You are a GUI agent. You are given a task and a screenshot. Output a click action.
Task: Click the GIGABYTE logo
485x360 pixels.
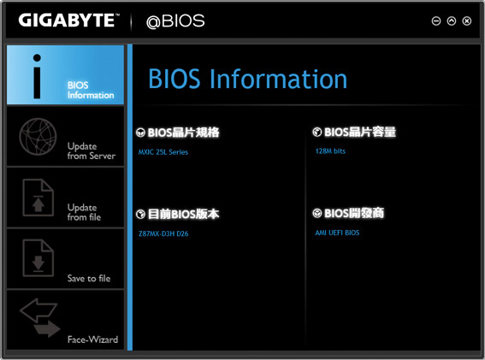68,21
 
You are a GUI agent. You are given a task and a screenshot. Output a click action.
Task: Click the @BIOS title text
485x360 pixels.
175,21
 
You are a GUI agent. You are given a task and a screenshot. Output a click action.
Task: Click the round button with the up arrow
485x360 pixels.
452,21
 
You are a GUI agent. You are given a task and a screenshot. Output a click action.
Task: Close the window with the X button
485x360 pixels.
467,21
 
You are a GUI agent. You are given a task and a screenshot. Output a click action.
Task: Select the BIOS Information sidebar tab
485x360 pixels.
65,75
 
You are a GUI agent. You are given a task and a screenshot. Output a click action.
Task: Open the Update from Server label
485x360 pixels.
92,151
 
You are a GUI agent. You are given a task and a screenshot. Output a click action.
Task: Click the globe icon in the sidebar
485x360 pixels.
38,137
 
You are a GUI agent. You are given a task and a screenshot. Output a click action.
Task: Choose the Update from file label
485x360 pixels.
84,212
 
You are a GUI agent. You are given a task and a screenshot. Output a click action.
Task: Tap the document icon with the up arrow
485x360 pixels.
38,198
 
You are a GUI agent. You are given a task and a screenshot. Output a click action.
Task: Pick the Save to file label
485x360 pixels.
89,279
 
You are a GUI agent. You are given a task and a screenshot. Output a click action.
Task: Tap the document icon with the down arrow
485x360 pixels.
38,258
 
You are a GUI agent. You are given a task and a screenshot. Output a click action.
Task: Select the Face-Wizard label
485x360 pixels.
92,339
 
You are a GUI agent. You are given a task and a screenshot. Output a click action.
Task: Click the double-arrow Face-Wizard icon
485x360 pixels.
40,317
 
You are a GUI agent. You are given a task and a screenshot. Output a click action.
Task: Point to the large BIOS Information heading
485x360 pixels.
248,79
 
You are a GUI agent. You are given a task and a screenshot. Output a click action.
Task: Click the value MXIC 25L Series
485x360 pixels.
163,152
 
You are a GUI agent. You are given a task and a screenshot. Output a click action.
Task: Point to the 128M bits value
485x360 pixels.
330,151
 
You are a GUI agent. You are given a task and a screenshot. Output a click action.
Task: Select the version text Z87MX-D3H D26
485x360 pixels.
163,233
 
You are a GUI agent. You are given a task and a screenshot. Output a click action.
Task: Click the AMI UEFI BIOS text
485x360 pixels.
337,233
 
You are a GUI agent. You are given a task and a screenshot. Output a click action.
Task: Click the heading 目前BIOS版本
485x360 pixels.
183,214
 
